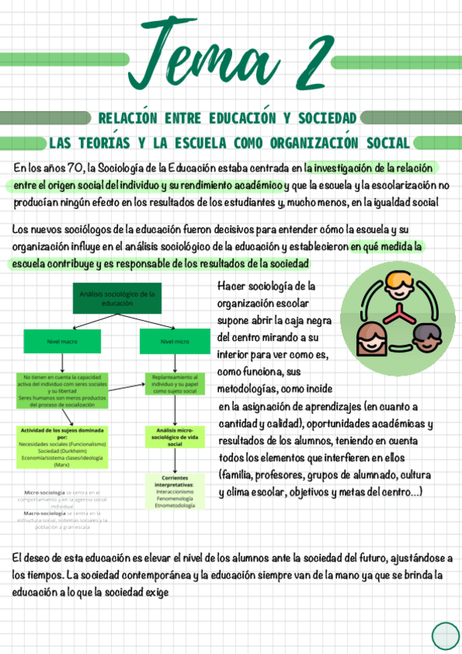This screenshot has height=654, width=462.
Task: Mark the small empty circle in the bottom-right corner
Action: [x=445, y=635]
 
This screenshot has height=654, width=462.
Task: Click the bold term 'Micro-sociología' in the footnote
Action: [x=44, y=491]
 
